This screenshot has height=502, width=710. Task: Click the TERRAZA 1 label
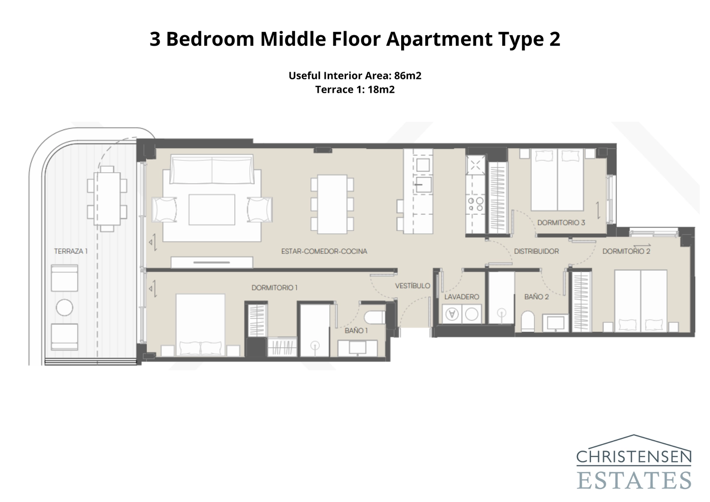(x=71, y=251)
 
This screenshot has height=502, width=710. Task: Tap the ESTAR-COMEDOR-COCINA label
(x=324, y=251)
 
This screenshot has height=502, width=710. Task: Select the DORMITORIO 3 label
(x=561, y=222)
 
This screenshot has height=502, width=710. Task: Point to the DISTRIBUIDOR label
(x=536, y=251)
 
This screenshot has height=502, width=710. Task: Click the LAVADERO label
(x=461, y=296)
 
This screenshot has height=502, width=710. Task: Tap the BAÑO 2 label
(x=536, y=296)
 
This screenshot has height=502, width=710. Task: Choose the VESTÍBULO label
(x=412, y=286)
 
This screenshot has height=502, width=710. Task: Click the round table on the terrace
(x=65, y=308)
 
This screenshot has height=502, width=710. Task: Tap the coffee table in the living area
(x=212, y=209)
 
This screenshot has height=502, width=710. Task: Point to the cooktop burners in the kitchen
(x=475, y=204)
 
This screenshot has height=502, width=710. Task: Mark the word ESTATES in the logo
(x=634, y=480)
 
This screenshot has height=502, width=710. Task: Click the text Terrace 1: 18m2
(x=355, y=90)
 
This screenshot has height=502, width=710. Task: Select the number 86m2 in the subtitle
(x=407, y=75)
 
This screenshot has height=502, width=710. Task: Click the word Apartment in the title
(x=439, y=39)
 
